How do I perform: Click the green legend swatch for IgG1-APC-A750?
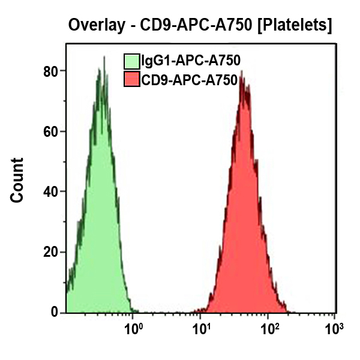click(x=131, y=61)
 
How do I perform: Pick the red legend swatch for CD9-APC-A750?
click(x=131, y=79)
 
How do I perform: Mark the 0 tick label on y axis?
click(x=54, y=313)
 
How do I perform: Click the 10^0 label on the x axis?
click(x=133, y=329)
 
